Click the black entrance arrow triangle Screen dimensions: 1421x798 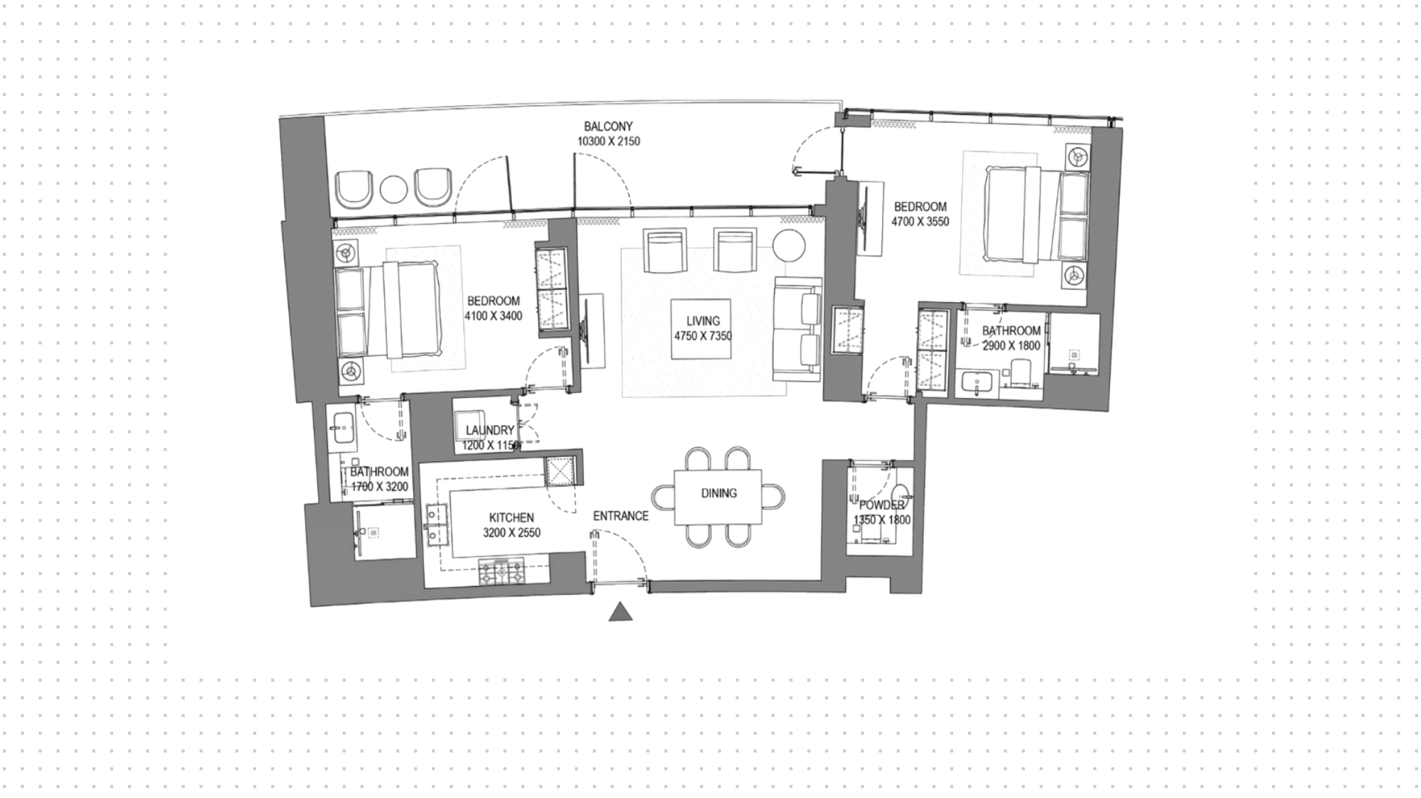point(621,611)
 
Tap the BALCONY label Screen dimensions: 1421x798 point(608,127)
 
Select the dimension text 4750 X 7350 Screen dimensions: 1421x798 point(702,336)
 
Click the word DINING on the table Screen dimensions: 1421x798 point(719,493)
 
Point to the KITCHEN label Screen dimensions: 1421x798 point(511,518)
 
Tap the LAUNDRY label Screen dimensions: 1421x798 point(490,430)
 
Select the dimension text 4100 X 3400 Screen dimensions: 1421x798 point(493,316)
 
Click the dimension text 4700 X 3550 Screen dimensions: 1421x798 point(920,221)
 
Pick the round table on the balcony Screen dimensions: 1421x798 point(394,190)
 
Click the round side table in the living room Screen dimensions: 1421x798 point(790,246)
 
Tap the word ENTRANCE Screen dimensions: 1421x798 point(620,516)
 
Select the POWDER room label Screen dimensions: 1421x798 point(881,505)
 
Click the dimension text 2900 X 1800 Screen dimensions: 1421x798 point(1011,346)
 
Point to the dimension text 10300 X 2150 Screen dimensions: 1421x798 point(608,141)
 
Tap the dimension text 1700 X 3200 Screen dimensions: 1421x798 point(379,487)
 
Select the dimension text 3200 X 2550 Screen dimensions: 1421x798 point(511,533)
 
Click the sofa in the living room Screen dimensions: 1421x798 point(798,330)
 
